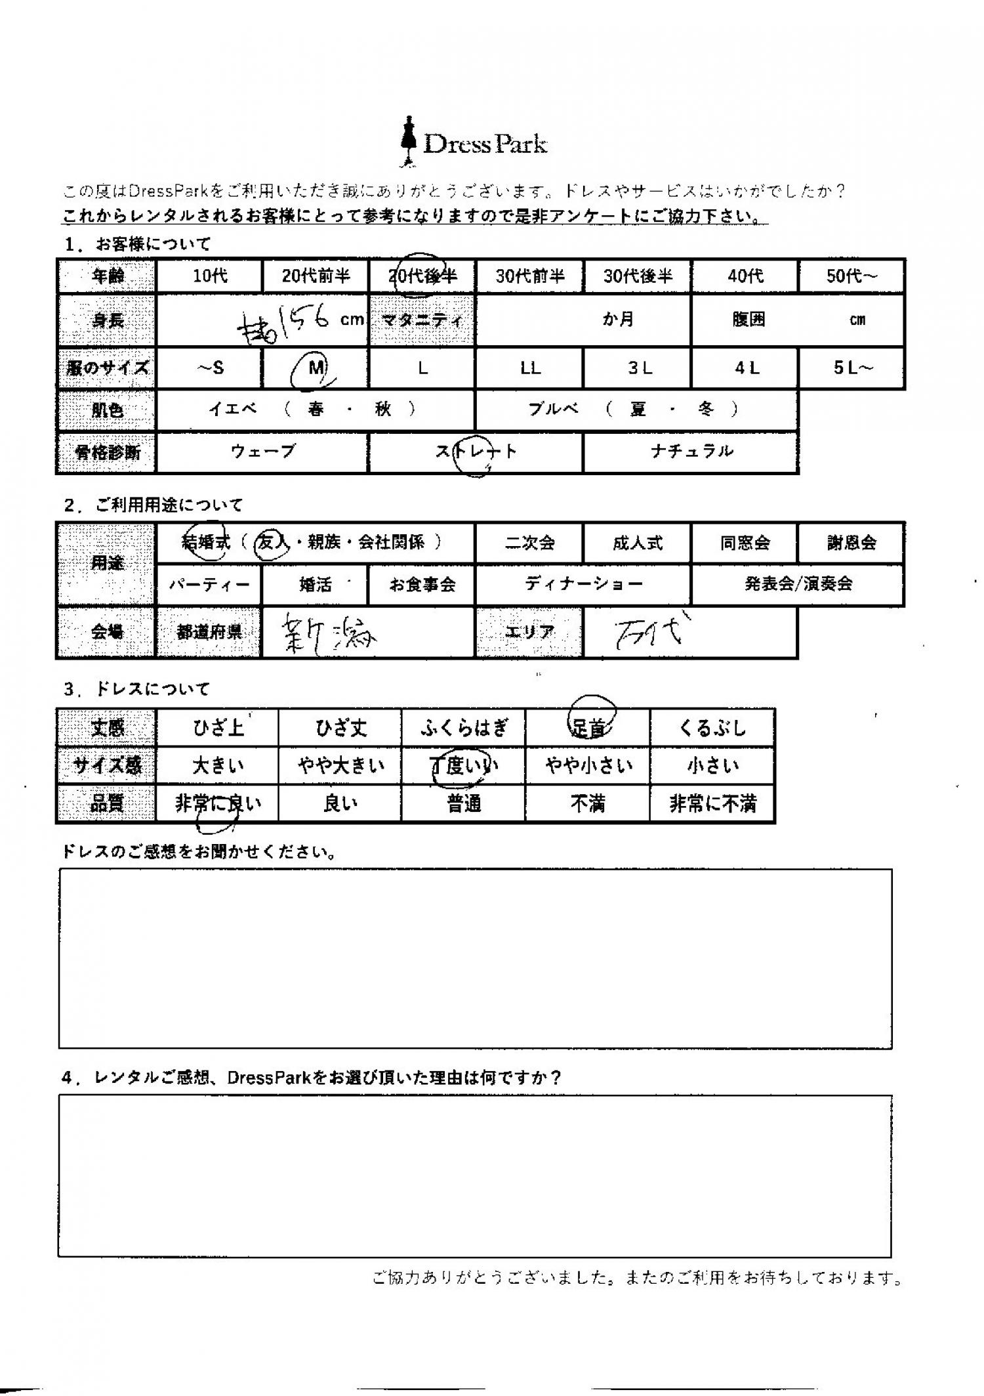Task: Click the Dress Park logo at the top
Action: tap(474, 142)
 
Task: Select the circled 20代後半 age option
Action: tap(422, 276)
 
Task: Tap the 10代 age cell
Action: tap(209, 276)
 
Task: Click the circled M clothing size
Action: tap(316, 368)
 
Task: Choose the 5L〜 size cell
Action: tap(852, 368)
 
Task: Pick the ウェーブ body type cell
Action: tap(262, 452)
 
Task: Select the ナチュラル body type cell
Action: tap(691, 452)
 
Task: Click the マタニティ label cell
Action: tap(422, 320)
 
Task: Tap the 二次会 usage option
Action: tap(529, 543)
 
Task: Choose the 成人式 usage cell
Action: tap(637, 543)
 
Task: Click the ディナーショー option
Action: tap(583, 583)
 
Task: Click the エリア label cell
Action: tap(529, 632)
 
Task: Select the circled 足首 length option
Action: tap(588, 727)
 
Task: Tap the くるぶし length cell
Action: tap(712, 727)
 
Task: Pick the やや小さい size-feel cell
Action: tap(588, 765)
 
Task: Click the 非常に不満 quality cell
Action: tap(712, 803)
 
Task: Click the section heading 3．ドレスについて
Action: tap(137, 689)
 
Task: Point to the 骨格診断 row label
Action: tap(107, 452)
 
